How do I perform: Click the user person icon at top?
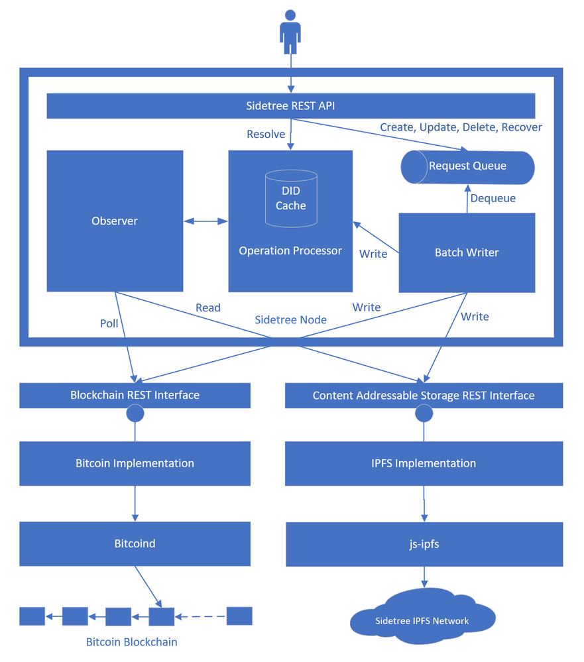coord(290,32)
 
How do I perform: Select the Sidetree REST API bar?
coord(290,105)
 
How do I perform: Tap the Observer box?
coord(115,221)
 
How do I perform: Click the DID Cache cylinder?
coord(290,198)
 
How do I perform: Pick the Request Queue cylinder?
coord(467,166)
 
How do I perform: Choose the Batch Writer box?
coord(467,252)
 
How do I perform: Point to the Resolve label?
coord(266,135)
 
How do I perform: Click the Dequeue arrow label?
coord(493,198)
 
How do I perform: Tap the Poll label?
coord(109,323)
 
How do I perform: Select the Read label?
coord(208,307)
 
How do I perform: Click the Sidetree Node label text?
coord(290,320)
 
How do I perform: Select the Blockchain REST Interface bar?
coord(135,395)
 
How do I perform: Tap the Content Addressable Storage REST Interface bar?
coord(424,396)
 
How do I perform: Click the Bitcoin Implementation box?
coord(135,463)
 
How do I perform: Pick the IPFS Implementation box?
coord(424,463)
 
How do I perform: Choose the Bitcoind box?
coord(135,543)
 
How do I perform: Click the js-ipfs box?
coord(424,544)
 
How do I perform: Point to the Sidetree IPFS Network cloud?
coord(422,620)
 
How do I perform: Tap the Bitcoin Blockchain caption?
coord(131,642)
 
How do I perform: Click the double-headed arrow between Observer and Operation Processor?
coord(205,221)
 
